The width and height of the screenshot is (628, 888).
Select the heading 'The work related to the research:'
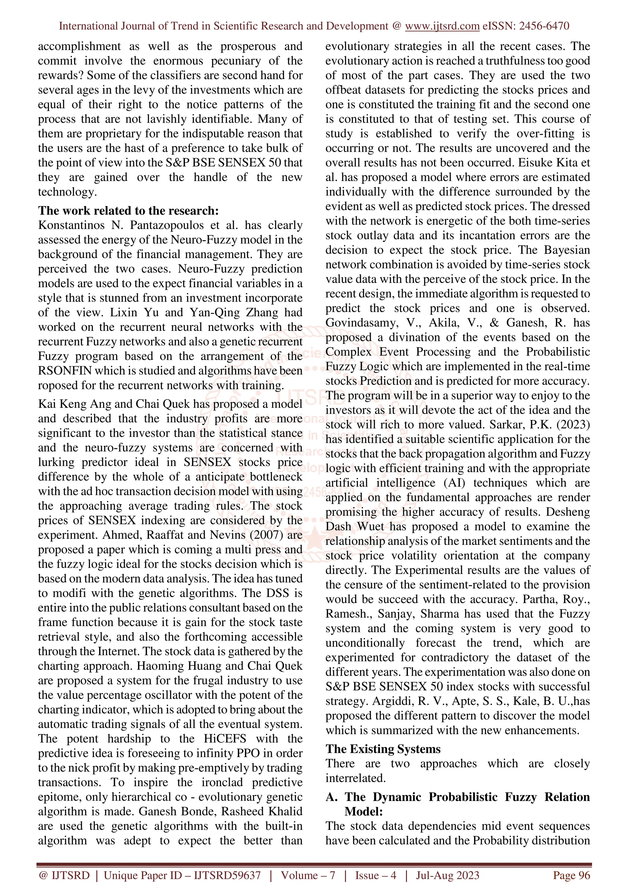[128, 211]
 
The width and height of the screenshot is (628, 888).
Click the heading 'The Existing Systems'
[383, 749]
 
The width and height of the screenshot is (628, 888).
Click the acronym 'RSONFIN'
[65, 371]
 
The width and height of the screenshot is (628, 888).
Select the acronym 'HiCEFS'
[225, 739]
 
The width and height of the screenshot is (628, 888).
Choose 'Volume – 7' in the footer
[308, 876]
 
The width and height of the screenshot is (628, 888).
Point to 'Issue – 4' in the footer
[376, 876]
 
